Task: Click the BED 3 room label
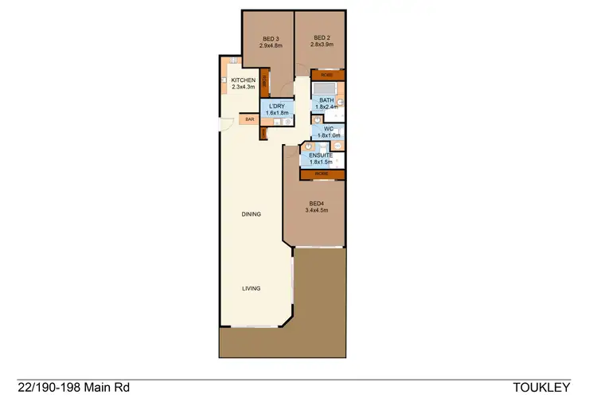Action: [x=271, y=38]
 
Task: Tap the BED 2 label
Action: [x=322, y=37]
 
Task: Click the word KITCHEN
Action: [x=243, y=81]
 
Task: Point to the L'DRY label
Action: [x=277, y=106]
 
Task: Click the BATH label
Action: [x=327, y=99]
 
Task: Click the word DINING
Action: [x=252, y=214]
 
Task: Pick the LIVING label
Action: [x=252, y=289]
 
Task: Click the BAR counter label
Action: [x=249, y=119]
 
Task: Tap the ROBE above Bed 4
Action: [x=322, y=174]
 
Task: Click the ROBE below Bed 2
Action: [x=327, y=75]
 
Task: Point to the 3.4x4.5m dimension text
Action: [x=318, y=211]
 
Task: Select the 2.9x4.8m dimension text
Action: [x=271, y=45]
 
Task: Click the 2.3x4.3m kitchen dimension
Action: [x=243, y=88]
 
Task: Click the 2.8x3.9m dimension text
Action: [x=322, y=45]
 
